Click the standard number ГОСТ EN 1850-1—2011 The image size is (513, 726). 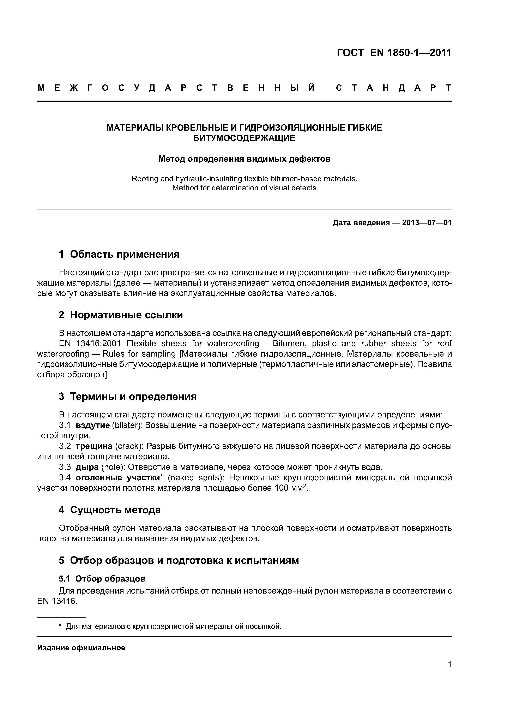(394, 53)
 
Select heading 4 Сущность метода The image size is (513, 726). (110, 510)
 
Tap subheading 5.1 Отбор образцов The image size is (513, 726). (102, 579)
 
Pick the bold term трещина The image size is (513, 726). (94, 446)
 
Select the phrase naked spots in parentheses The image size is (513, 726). (195, 477)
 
